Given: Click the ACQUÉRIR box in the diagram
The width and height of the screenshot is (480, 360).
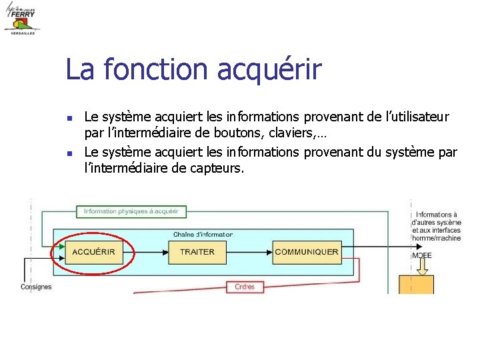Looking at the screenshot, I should pyautogui.click(x=93, y=252).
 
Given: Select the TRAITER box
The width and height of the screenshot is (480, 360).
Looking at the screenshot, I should pyautogui.click(x=197, y=252).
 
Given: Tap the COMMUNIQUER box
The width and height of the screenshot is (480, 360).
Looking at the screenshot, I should pyautogui.click(x=307, y=252).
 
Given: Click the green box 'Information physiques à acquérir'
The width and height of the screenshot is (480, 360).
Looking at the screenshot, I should pyautogui.click(x=131, y=211).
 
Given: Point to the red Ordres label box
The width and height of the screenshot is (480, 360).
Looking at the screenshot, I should pyautogui.click(x=245, y=287).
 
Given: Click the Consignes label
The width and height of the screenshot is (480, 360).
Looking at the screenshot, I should pyautogui.click(x=36, y=287).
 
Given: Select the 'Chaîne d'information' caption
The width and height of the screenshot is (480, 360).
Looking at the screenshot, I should pyautogui.click(x=203, y=234).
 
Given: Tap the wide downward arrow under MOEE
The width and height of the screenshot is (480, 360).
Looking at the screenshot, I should pyautogui.click(x=422, y=266).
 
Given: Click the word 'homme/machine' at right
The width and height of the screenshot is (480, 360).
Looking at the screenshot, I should pyautogui.click(x=437, y=238).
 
